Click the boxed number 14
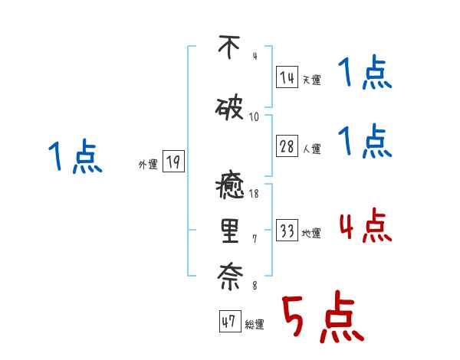[x=287, y=77]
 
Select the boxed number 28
[x=287, y=147]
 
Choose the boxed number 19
[x=173, y=162]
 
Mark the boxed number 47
[x=228, y=322]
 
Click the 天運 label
[x=311, y=80]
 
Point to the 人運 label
[x=311, y=149]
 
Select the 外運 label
[x=147, y=164]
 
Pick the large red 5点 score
[x=322, y=319]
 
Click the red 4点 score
[x=365, y=227]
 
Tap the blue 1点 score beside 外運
[x=74, y=156]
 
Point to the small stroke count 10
[x=255, y=117]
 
